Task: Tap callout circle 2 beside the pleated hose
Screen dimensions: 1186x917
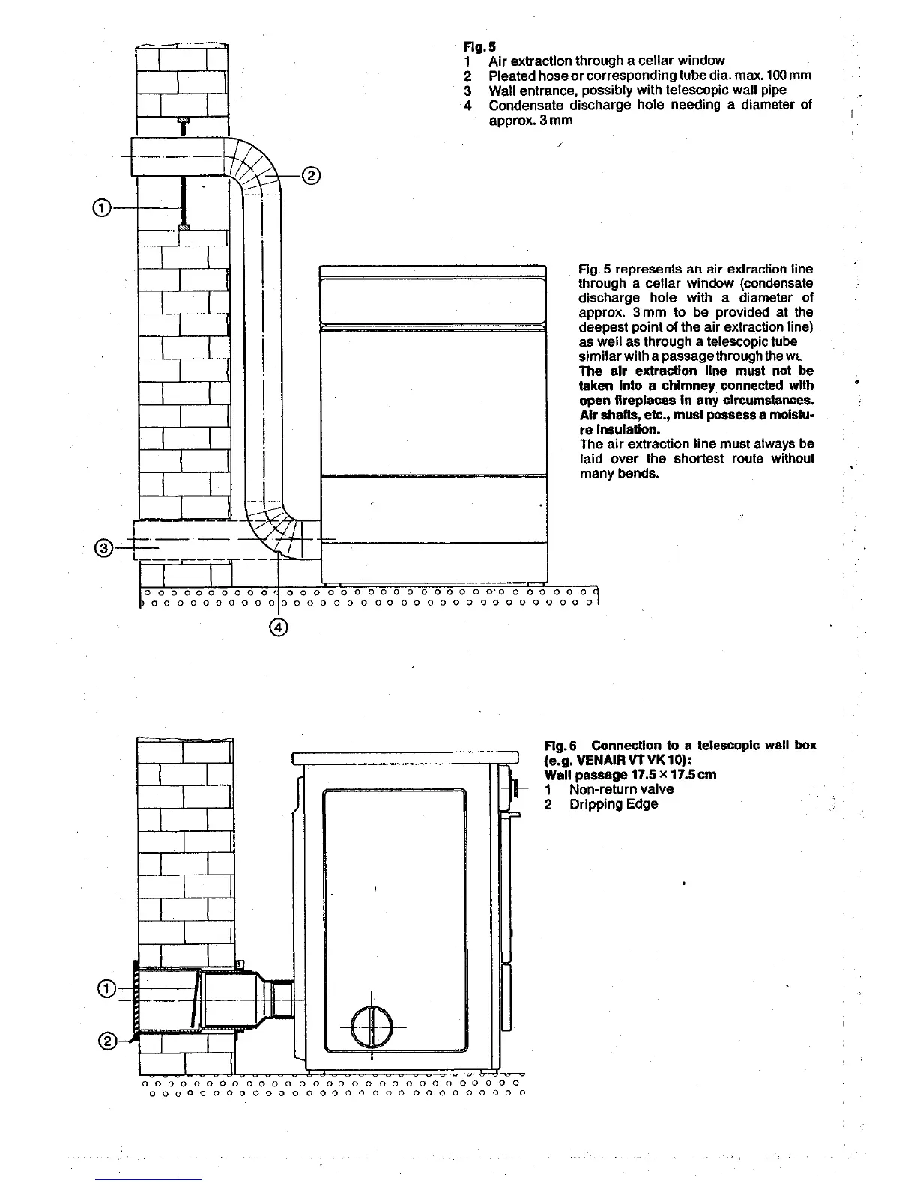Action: [311, 177]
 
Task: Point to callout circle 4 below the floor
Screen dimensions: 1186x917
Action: [278, 627]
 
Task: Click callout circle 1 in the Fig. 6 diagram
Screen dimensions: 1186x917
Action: [107, 989]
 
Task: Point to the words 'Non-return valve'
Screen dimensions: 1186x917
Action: [621, 789]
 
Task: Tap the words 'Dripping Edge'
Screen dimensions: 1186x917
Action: [613, 804]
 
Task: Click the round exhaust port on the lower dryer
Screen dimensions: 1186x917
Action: [372, 1027]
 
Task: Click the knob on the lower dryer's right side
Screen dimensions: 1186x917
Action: [515, 788]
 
